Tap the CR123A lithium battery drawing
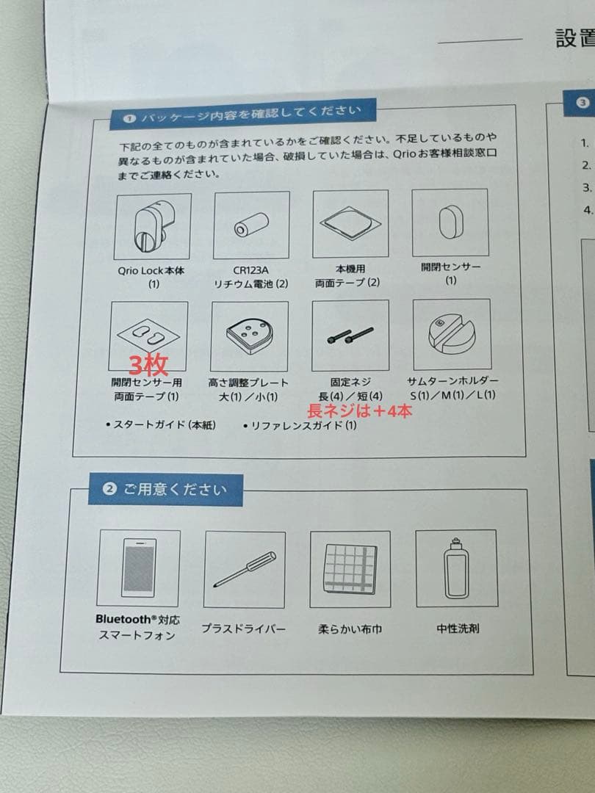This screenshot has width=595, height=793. point(251,225)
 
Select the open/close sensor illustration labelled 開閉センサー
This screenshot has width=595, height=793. point(450,222)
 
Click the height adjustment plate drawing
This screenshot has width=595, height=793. point(250,336)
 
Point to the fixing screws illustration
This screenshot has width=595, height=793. point(350,336)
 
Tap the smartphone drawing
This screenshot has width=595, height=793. point(139,568)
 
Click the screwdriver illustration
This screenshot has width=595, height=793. point(245,569)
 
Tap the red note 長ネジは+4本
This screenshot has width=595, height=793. point(360,410)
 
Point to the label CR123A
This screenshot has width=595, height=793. point(251,270)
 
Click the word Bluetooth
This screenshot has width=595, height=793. point(123,619)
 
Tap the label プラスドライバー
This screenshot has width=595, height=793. point(243,629)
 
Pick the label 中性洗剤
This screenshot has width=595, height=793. point(458,628)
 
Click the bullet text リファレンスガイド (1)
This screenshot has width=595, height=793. point(300,426)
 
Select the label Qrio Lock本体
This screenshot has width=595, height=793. point(151,270)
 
